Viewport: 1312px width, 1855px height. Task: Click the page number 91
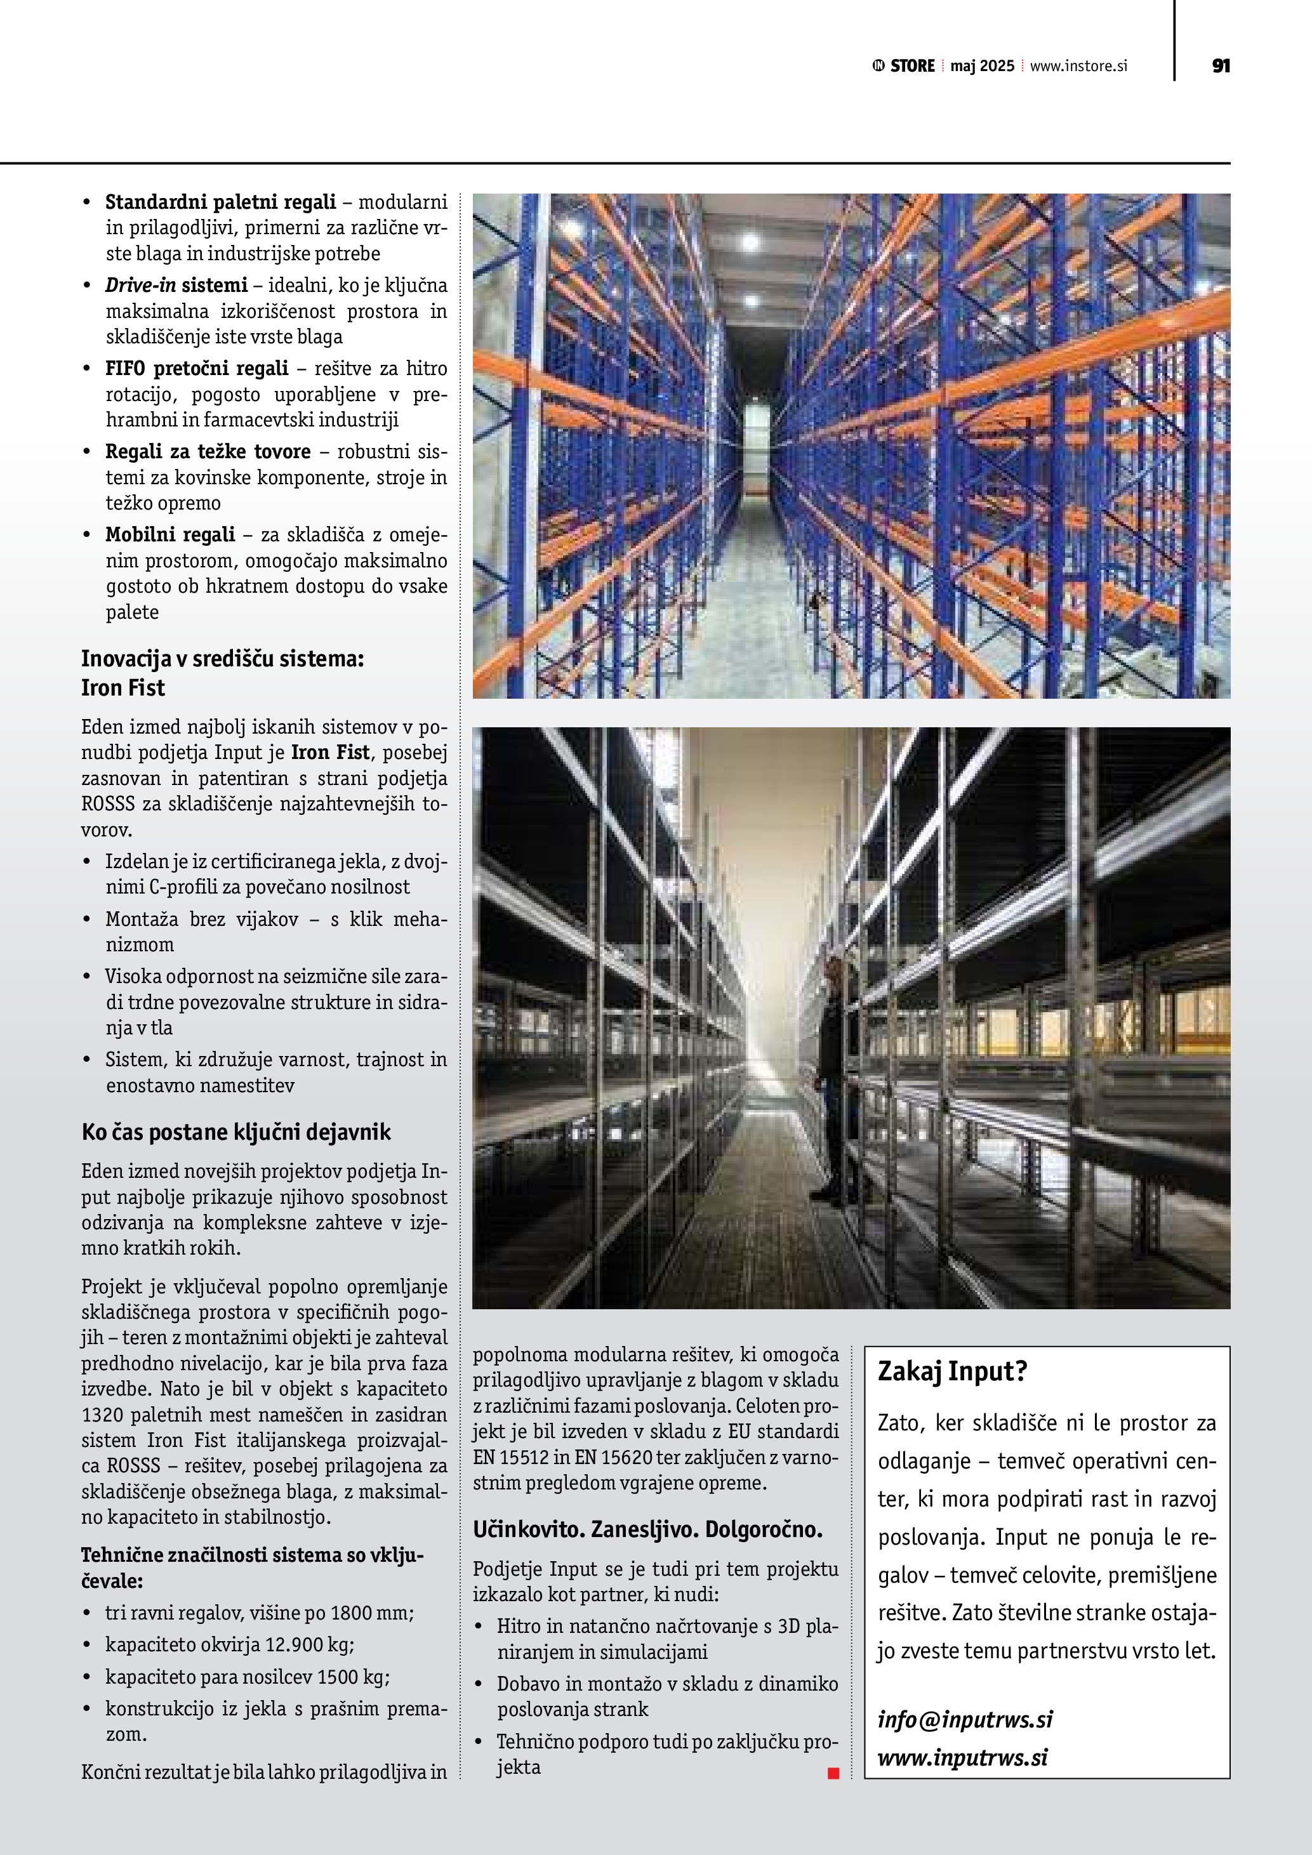pyautogui.click(x=1221, y=65)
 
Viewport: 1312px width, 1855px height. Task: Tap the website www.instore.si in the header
pyautogui.click(x=1078, y=66)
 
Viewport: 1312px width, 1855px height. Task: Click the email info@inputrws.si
pyautogui.click(x=965, y=1719)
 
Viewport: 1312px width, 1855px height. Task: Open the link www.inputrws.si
pyautogui.click(x=962, y=1757)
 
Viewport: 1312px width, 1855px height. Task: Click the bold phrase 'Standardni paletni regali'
pyautogui.click(x=220, y=201)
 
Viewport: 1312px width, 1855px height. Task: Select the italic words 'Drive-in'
pyautogui.click(x=140, y=285)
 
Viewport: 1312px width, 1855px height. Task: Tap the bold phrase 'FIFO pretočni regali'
pyautogui.click(x=196, y=369)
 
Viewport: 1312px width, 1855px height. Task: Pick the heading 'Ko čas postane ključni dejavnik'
pyautogui.click(x=236, y=1132)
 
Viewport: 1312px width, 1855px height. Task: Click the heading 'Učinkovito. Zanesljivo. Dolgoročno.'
pyautogui.click(x=647, y=1529)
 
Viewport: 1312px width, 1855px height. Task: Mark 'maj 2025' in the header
pyautogui.click(x=981, y=66)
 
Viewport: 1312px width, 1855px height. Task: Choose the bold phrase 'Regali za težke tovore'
pyautogui.click(x=208, y=452)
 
